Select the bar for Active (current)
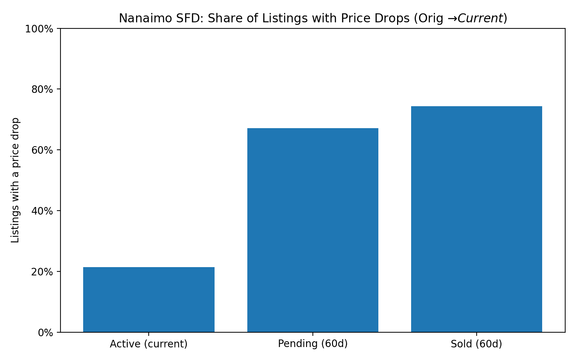[x=149, y=300]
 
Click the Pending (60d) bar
[x=312, y=230]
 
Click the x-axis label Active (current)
[x=149, y=344]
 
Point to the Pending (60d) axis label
[x=312, y=344]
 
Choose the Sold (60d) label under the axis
[x=476, y=344]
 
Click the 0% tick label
[x=46, y=333]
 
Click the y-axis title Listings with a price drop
[x=15, y=180]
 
